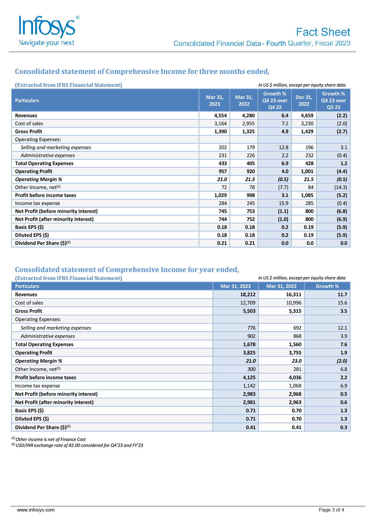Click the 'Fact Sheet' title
tap(323, 32)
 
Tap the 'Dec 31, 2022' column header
tap(304, 100)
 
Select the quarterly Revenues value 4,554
tap(220, 115)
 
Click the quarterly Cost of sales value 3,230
tap(307, 123)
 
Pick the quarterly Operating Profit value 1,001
tap(307, 171)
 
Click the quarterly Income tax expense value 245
tap(251, 203)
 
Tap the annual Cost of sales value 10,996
tap(293, 303)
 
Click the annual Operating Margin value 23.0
tap(296, 361)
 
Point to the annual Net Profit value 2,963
tap(295, 402)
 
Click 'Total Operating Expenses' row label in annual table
tap(44, 344)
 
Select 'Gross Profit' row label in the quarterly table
tap(29, 131)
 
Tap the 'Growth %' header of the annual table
tap(327, 286)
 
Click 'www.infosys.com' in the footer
tap(36, 510)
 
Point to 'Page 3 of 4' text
tap(331, 510)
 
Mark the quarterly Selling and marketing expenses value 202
tap(222, 147)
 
